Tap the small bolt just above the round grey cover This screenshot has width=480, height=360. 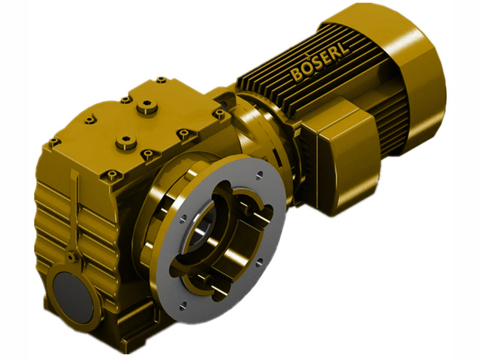[x=71, y=257]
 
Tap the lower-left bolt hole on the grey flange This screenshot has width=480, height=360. [x=182, y=305]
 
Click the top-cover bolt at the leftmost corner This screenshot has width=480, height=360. [x=53, y=142]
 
